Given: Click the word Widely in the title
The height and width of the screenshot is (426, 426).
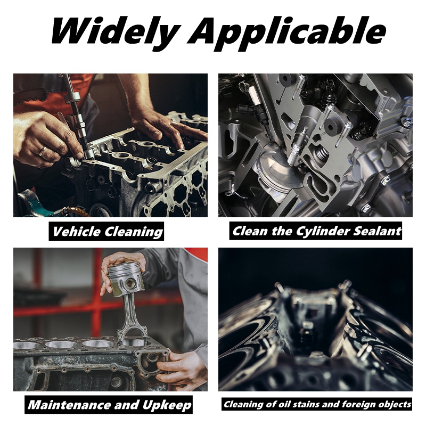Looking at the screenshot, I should tap(114, 32).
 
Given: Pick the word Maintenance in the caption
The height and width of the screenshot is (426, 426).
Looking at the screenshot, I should tap(67, 405).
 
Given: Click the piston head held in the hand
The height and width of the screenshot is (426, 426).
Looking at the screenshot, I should tap(127, 274).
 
